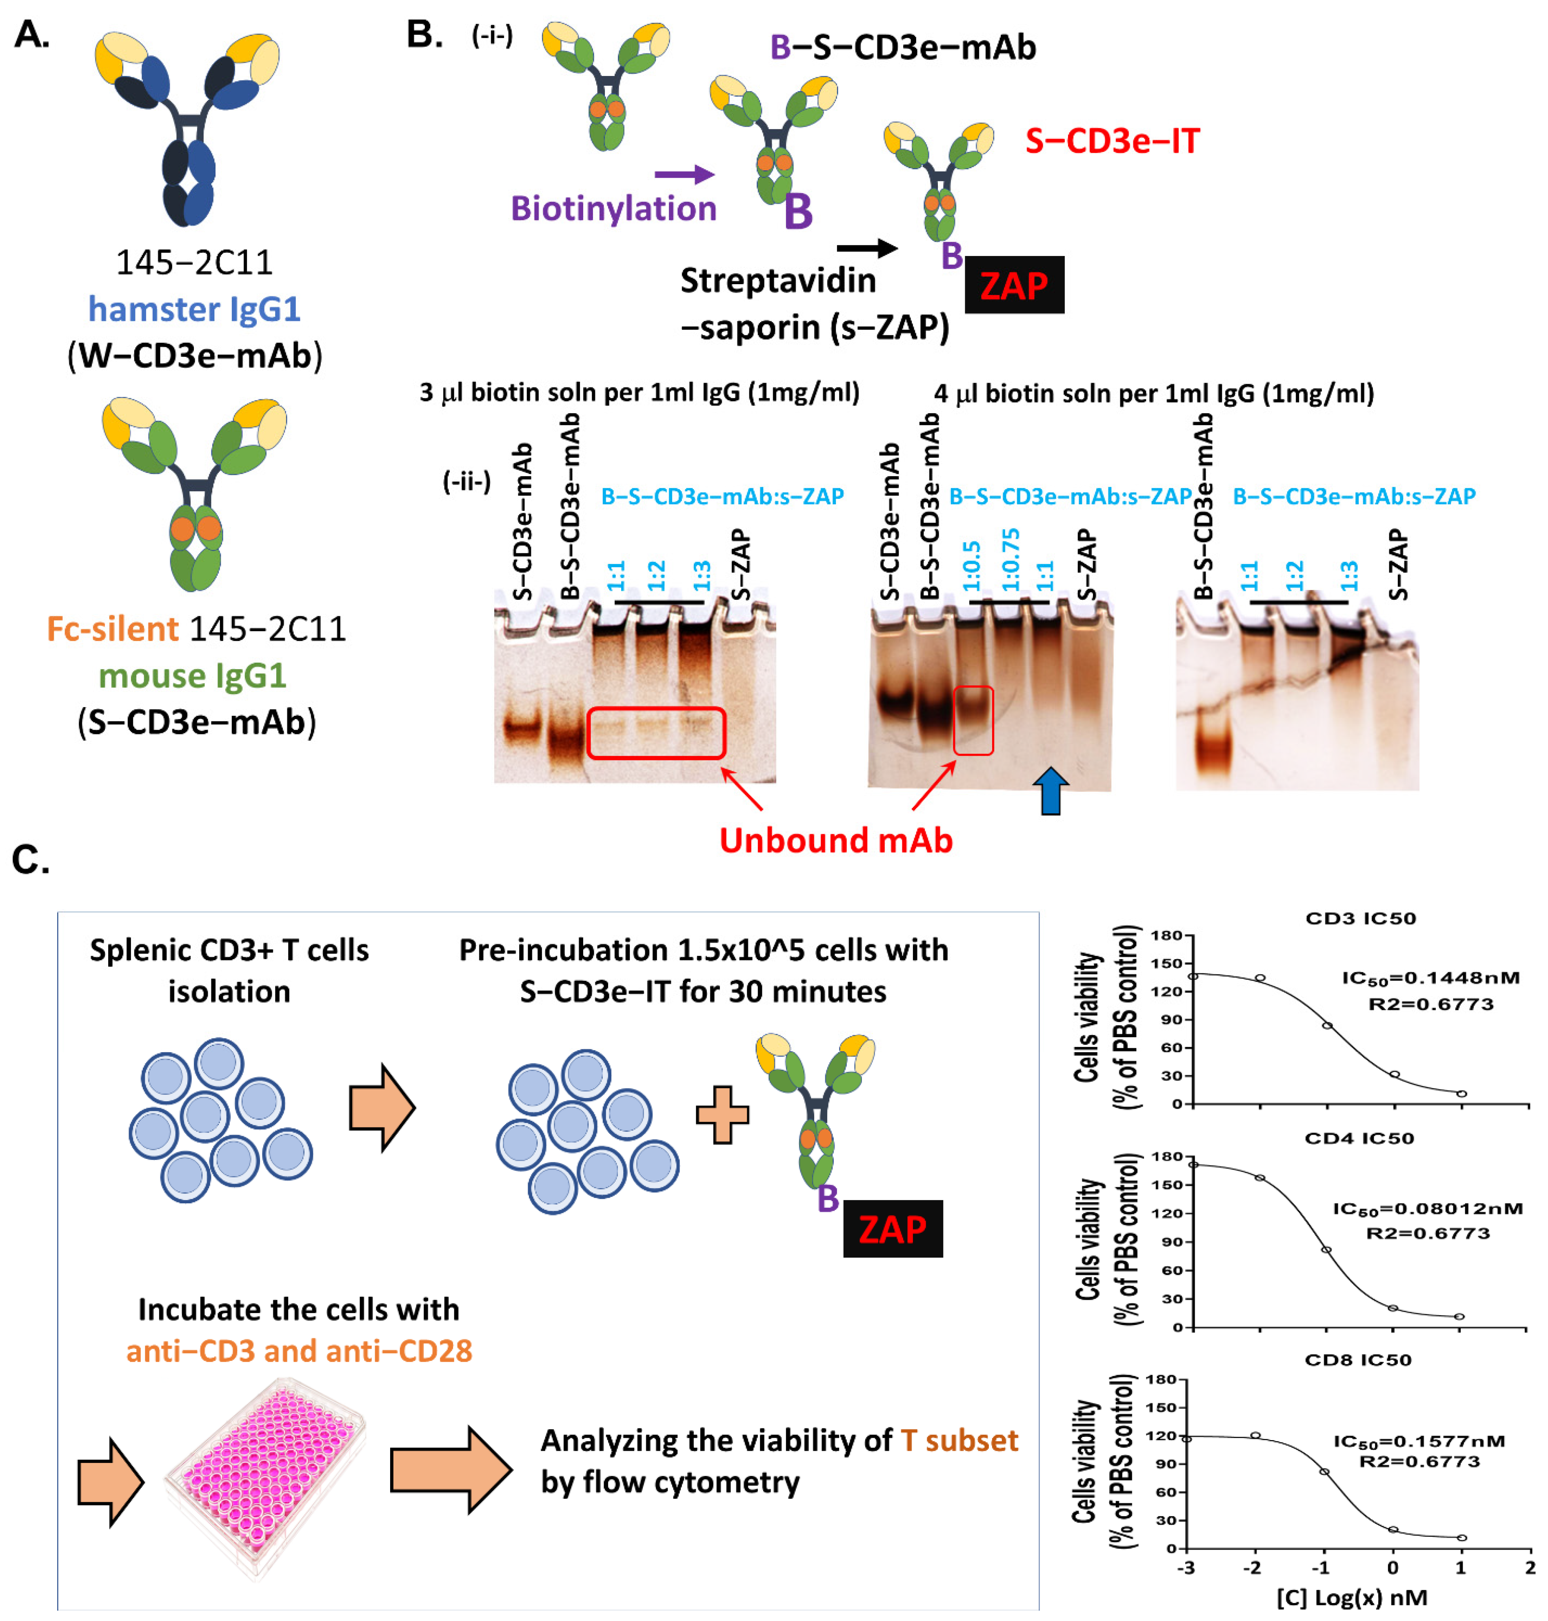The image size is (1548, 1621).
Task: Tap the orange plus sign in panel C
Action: point(722,1114)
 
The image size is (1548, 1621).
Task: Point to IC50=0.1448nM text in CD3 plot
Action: point(1430,978)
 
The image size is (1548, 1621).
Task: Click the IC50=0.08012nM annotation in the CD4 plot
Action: point(1428,1208)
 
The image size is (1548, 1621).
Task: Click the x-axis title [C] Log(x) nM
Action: point(1352,1597)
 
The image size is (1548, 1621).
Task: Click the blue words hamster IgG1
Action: point(195,309)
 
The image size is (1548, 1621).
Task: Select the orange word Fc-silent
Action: point(112,629)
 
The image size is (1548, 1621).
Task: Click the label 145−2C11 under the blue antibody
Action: point(195,263)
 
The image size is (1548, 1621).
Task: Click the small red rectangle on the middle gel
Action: point(973,720)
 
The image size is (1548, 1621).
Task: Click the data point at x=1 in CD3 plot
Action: point(1461,1093)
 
